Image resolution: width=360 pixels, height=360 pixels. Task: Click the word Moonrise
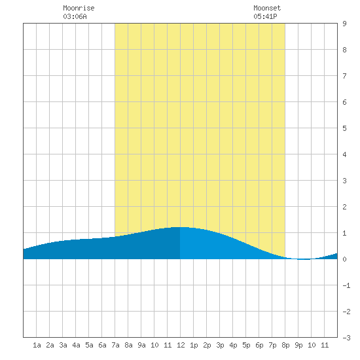tap(79, 8)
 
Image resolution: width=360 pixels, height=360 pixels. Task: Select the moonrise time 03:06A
tap(75, 16)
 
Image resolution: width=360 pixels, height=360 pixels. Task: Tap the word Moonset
tap(267, 8)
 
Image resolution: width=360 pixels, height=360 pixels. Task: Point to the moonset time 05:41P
tap(265, 16)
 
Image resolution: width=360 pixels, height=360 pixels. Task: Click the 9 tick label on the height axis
tap(344, 24)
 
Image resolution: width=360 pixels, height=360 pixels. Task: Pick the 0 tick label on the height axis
tap(344, 259)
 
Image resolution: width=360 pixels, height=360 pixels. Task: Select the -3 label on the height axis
tap(346, 338)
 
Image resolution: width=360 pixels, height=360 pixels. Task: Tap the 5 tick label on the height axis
tap(344, 128)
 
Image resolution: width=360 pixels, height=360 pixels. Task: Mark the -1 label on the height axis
tap(346, 285)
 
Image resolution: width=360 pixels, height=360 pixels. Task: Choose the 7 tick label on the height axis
tap(344, 76)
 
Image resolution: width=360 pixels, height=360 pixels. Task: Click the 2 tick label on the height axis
tap(344, 207)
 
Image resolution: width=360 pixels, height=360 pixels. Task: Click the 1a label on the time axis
tap(37, 345)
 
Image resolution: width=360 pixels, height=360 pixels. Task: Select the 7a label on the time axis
tap(115, 345)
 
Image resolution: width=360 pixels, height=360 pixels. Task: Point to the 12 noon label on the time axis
tap(181, 345)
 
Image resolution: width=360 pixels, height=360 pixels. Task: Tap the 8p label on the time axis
tap(285, 345)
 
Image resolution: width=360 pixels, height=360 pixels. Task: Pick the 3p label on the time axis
tap(220, 345)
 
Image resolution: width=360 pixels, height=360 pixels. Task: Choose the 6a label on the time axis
tap(102, 345)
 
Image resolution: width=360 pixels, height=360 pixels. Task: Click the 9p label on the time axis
tap(298, 345)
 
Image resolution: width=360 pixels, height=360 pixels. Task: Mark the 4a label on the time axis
tap(76, 345)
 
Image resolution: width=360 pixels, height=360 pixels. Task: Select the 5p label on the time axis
tap(246, 345)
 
